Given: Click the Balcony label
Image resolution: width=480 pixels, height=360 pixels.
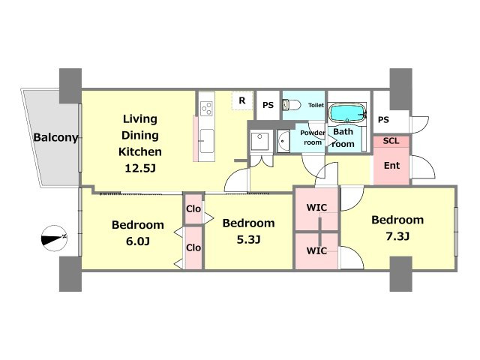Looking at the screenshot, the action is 55,137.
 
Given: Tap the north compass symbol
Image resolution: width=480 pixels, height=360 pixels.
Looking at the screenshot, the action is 54,238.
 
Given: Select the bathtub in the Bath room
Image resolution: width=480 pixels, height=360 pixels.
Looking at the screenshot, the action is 347,112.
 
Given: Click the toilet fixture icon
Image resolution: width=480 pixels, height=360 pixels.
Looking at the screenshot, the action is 291,105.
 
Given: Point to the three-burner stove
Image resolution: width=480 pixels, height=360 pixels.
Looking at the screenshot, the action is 206,108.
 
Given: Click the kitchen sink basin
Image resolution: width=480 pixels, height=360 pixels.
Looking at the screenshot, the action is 207,140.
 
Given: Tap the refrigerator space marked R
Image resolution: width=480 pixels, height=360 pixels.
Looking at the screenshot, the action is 242,100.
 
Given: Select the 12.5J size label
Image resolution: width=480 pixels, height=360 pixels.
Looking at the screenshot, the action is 140,168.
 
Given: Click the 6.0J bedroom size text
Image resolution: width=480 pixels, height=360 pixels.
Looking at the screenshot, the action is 138,241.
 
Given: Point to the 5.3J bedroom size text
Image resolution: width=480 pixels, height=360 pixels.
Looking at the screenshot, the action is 248,239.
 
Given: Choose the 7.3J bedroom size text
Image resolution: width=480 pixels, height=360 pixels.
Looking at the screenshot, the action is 397,236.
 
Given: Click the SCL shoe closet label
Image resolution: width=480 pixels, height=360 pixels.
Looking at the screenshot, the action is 391,141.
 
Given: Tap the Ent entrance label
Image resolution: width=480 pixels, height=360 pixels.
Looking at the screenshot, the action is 391,165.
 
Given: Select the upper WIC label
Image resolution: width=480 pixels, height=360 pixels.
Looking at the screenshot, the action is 316,208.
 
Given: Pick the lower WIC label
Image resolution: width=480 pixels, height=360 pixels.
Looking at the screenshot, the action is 316,250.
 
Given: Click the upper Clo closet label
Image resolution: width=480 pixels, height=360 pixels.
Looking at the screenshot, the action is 193,208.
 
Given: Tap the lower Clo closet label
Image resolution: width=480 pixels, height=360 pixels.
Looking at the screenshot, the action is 193,247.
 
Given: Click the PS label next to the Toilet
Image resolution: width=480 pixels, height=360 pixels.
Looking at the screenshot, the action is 268,105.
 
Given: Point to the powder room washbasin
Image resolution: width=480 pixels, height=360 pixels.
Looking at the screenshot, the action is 283,141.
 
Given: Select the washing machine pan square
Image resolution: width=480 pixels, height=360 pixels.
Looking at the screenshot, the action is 259,141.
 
